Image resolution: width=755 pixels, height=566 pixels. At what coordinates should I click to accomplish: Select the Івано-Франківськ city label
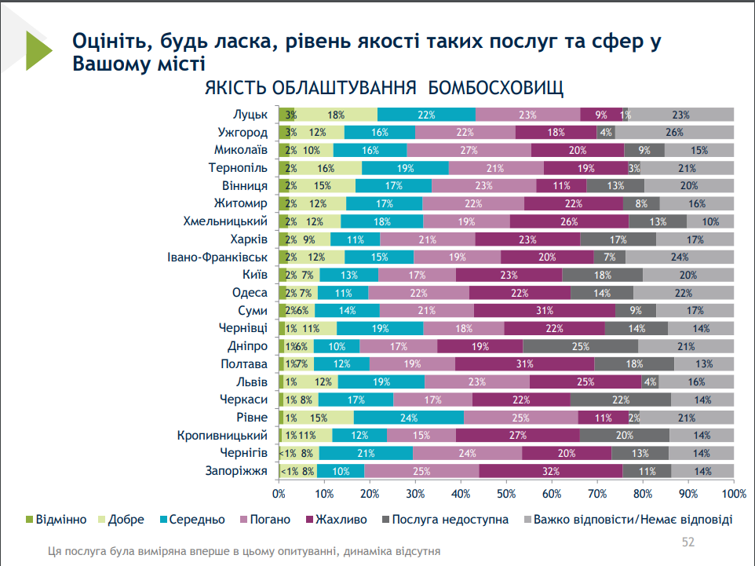(x=222, y=257)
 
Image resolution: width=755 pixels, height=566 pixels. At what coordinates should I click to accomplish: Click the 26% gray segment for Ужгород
(x=674, y=132)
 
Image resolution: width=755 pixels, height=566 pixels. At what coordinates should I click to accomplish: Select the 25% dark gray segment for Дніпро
(x=580, y=346)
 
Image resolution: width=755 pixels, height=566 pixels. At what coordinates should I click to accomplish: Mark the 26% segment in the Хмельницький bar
(x=569, y=221)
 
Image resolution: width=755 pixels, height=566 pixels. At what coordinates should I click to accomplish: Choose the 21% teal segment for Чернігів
(x=365, y=453)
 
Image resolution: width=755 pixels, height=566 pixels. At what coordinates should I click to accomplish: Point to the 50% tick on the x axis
(x=506, y=493)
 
